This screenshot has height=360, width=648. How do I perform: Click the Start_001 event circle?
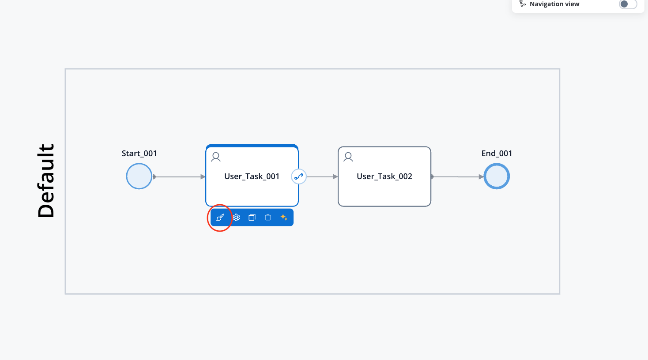(x=139, y=176)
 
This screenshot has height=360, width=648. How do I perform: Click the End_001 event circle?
(x=497, y=176)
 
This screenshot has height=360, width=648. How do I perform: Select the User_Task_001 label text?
(x=252, y=176)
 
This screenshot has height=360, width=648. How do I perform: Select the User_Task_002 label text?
(x=384, y=176)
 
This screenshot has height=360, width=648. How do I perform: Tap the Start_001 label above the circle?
(x=139, y=153)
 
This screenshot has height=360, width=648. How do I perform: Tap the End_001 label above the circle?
(x=497, y=153)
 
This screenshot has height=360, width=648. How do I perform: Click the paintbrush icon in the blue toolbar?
(x=220, y=217)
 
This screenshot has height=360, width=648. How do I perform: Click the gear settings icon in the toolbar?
(x=236, y=217)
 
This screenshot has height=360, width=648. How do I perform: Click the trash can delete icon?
(x=268, y=217)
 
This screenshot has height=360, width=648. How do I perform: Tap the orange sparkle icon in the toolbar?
(x=284, y=217)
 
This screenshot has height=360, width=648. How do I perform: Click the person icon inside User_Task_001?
(x=216, y=157)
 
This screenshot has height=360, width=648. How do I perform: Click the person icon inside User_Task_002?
(x=348, y=157)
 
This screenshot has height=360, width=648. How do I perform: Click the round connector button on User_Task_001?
(x=299, y=176)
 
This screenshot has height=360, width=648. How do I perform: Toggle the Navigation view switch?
(x=628, y=4)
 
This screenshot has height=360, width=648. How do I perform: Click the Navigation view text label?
(x=554, y=4)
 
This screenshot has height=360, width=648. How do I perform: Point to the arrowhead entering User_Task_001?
(x=203, y=176)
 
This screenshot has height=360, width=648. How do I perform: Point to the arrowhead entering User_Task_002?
(x=335, y=176)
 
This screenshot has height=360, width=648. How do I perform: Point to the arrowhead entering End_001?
(x=482, y=176)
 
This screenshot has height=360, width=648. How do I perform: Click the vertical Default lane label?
(x=46, y=181)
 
